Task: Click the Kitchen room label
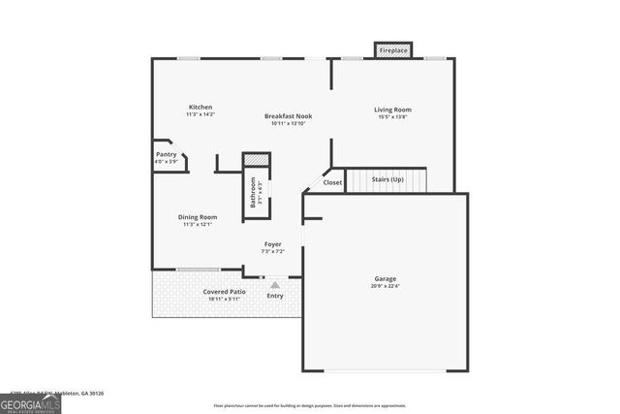click(201, 107)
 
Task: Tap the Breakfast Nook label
click(289, 116)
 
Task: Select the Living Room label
click(393, 110)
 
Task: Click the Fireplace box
click(393, 49)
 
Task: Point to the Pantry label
click(166, 154)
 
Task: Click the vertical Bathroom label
click(254, 191)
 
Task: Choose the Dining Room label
click(197, 217)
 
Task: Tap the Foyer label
click(272, 244)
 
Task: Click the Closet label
click(332, 182)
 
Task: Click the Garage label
click(386, 278)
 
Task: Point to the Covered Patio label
click(224, 291)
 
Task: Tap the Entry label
click(275, 296)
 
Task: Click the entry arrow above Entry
click(275, 284)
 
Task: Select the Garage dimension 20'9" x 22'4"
click(386, 286)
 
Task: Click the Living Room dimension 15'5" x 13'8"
click(393, 117)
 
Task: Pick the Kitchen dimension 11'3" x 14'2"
click(201, 114)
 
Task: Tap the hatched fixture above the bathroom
click(256, 159)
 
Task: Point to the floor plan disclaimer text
click(310, 405)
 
